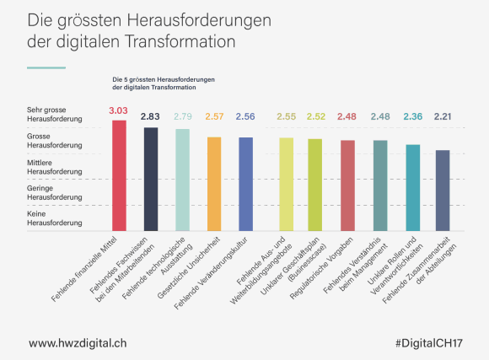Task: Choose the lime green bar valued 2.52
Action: (315, 185)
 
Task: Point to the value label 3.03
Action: (119, 110)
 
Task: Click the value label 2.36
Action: (412, 116)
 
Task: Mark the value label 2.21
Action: (443, 116)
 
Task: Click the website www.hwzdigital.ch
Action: (78, 343)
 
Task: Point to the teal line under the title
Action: (46, 67)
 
